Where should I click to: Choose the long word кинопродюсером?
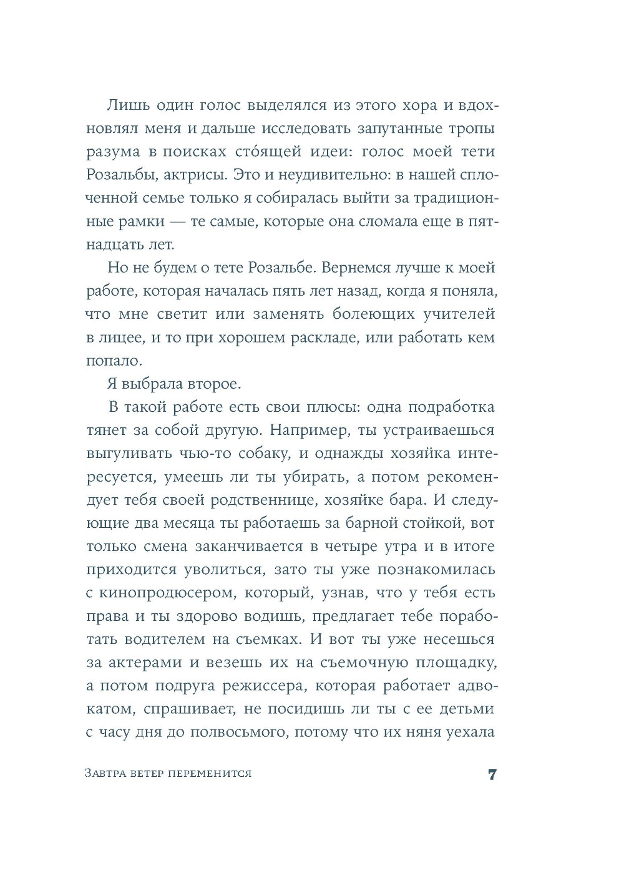pos(165,593)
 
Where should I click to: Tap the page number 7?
pos(492,775)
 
